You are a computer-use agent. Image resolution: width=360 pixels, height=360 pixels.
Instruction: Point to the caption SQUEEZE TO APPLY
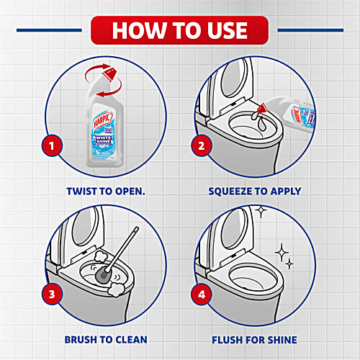254,192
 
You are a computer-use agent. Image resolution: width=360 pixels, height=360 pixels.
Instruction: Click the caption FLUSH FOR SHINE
254,340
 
